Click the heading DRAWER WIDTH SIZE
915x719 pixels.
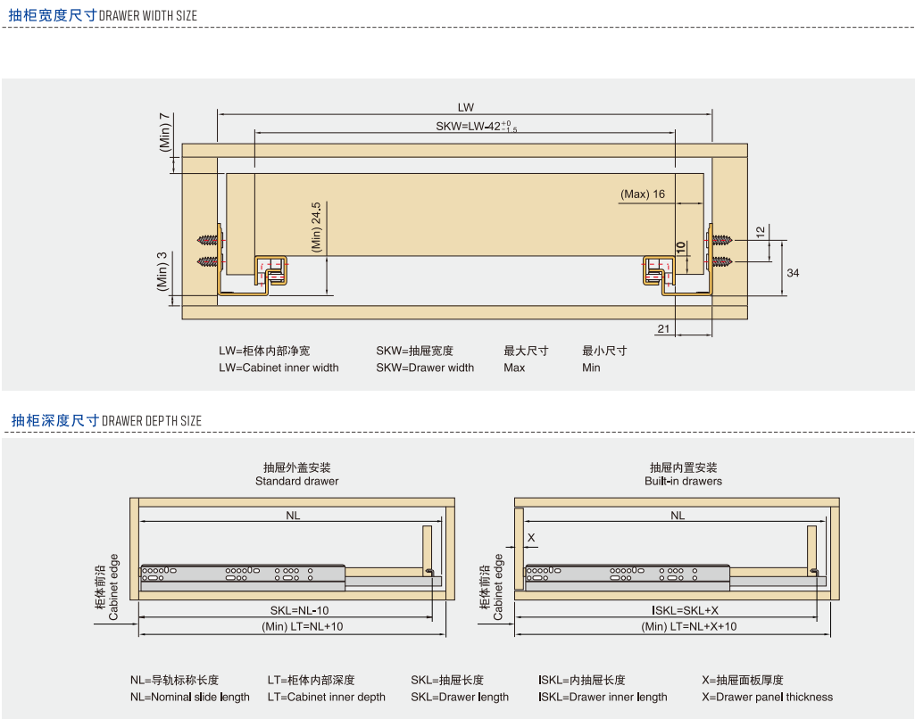point(148,16)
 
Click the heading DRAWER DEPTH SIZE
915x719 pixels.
point(152,421)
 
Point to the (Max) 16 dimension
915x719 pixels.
point(644,194)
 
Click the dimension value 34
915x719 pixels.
point(794,272)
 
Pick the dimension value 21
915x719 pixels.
point(663,329)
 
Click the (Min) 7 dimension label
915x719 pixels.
point(165,132)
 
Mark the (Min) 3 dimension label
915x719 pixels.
point(162,271)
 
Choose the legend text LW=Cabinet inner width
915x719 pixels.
point(279,368)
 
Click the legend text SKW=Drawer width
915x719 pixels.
point(425,368)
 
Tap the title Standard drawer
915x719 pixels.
point(297,481)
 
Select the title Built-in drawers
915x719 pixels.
point(683,481)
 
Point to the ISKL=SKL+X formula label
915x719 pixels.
point(685,610)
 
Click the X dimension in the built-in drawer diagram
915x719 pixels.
point(531,538)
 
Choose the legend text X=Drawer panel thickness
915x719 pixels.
point(767,697)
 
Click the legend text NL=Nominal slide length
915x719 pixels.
point(190,697)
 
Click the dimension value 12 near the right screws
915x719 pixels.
point(760,231)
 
